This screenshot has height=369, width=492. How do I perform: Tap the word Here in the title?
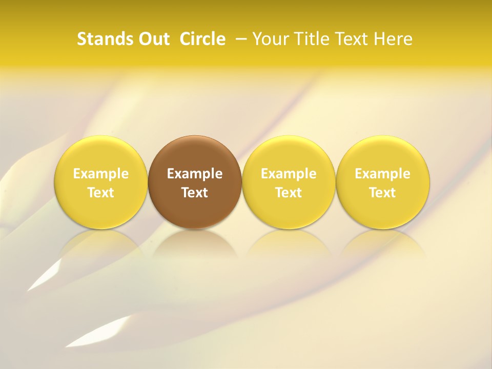tap(394, 39)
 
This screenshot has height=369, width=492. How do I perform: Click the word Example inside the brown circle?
tap(195, 174)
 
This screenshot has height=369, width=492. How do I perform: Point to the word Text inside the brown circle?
tap(195, 193)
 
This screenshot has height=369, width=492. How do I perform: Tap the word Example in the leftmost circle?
tap(101, 174)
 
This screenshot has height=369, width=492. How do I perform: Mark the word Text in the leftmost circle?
tap(101, 193)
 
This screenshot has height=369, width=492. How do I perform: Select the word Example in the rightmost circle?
tap(383, 174)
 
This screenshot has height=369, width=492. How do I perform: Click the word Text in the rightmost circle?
tap(383, 193)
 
